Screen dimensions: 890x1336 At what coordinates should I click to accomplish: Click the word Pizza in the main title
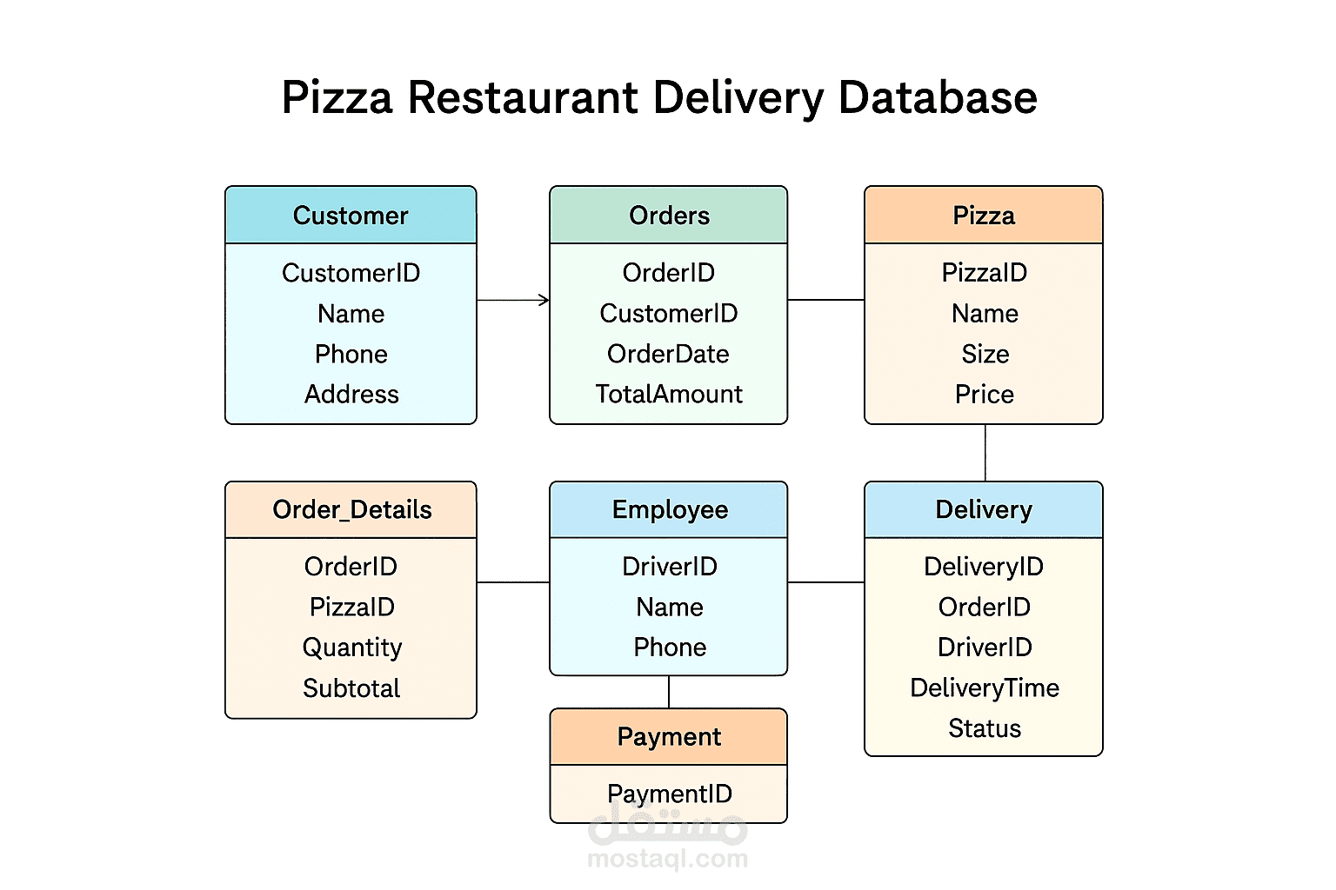tap(337, 97)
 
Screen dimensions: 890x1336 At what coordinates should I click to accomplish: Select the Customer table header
tap(351, 216)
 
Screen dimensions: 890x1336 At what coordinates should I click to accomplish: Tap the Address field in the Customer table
tap(351, 395)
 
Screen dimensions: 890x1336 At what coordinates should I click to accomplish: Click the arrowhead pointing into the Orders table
tap(544, 300)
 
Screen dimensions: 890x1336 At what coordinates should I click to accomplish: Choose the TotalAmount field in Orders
tap(669, 395)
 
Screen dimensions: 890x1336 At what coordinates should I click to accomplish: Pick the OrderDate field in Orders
tap(668, 354)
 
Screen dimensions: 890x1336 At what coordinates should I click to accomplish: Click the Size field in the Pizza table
tap(985, 354)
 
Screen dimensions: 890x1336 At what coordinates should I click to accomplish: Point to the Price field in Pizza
tap(985, 395)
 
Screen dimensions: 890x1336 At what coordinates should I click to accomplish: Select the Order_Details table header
tap(351, 510)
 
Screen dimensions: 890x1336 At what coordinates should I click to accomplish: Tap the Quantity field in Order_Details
tap(351, 648)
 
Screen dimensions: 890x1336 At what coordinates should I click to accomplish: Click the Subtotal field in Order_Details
tap(351, 688)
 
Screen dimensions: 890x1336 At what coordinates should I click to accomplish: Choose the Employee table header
tap(669, 510)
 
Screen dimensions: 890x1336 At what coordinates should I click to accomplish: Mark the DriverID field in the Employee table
tap(669, 567)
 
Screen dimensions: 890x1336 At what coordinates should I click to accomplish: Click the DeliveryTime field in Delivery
tap(985, 688)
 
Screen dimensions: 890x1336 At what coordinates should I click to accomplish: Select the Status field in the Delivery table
tap(985, 728)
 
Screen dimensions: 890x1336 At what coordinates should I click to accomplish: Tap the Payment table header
tap(669, 737)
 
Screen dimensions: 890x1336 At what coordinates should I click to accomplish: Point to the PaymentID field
tap(669, 794)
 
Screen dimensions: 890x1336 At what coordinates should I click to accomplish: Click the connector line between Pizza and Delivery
tap(985, 453)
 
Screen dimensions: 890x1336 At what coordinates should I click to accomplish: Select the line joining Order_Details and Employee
tap(513, 582)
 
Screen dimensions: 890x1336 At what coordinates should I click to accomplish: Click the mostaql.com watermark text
tap(667, 860)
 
